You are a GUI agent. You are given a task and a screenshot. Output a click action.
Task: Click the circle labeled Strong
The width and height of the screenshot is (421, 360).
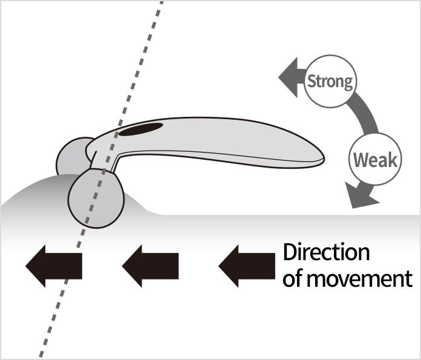click(x=330, y=82)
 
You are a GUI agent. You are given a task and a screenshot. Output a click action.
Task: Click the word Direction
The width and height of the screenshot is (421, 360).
click(x=326, y=252)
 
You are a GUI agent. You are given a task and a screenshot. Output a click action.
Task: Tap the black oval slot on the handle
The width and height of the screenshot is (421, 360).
click(x=142, y=129)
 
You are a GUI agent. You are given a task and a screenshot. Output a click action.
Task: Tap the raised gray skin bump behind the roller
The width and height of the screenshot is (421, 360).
click(x=36, y=194)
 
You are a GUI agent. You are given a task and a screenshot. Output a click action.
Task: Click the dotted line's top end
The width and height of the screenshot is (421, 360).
click(x=162, y=3)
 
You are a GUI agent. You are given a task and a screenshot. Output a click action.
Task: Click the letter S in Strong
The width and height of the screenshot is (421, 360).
click(x=312, y=82)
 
